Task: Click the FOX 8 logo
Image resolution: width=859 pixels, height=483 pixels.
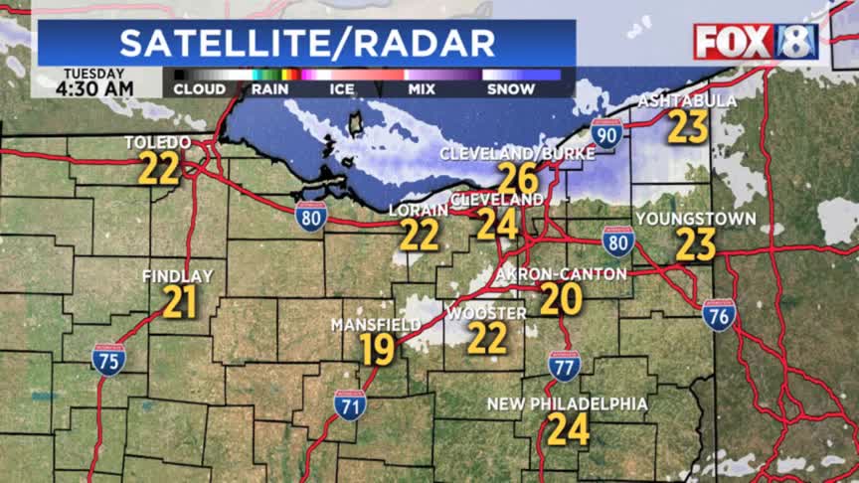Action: click(756, 42)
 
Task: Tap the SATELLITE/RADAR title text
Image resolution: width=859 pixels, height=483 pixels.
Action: click(307, 43)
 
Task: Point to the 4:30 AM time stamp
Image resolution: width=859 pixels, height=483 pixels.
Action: click(93, 89)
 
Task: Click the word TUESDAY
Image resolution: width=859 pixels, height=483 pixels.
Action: click(93, 74)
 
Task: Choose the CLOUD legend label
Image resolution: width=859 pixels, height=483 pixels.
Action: click(199, 89)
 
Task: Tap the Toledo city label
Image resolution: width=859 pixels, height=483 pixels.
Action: click(157, 144)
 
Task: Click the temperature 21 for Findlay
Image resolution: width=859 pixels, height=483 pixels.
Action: click(180, 302)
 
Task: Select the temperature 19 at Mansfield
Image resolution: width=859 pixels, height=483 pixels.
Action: click(378, 350)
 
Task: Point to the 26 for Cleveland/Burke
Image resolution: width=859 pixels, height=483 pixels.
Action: click(517, 179)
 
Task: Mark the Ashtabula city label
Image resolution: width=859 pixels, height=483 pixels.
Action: click(687, 101)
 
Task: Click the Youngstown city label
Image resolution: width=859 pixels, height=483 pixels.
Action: click(696, 219)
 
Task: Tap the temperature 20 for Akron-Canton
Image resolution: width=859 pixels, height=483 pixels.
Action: click(561, 298)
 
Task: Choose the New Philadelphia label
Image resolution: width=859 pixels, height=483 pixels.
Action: click(567, 404)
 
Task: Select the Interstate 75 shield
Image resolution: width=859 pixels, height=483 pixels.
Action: click(108, 359)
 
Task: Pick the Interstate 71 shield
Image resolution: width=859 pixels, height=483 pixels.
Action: click(349, 403)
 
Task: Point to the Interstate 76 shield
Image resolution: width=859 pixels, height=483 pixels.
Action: click(719, 315)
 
